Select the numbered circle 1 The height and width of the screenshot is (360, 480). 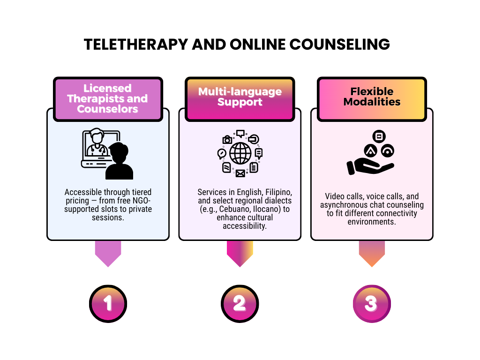click(x=108, y=304)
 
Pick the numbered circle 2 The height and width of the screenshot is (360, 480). click(x=240, y=304)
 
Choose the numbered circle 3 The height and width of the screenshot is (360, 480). click(x=371, y=304)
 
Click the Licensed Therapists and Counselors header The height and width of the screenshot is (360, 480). click(x=108, y=99)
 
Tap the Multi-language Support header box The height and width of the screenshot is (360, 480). click(x=240, y=97)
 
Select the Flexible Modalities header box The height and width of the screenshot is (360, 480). click(x=372, y=97)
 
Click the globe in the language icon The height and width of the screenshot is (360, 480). click(x=240, y=153)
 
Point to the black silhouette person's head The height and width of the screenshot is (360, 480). click(x=117, y=151)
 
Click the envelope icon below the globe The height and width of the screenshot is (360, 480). click(x=240, y=173)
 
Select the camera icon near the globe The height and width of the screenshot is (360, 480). click(x=227, y=139)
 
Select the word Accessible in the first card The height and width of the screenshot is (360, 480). click(x=82, y=192)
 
